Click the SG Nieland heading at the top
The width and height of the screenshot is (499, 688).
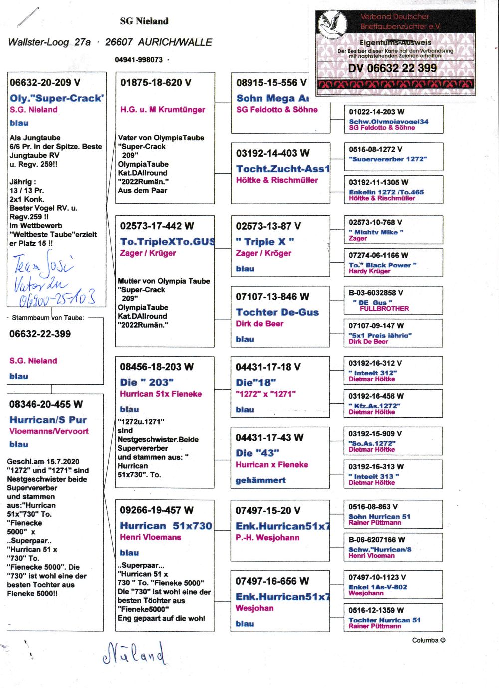click(144, 21)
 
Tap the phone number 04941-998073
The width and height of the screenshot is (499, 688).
click(139, 60)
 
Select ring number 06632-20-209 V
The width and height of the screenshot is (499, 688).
click(45, 83)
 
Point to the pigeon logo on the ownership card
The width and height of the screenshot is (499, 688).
click(332, 24)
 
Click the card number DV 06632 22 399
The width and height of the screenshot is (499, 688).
click(392, 68)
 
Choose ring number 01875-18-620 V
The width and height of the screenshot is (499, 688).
click(156, 83)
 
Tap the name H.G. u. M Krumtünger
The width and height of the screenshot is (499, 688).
click(163, 110)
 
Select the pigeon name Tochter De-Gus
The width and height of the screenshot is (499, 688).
click(277, 312)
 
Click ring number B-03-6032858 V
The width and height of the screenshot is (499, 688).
click(376, 293)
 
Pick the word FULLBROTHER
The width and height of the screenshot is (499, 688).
click(384, 309)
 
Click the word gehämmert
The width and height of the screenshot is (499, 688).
click(260, 480)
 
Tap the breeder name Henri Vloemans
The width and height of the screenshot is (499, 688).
click(150, 537)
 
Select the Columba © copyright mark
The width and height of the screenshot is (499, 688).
click(429, 640)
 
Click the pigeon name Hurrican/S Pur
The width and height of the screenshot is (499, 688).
click(48, 420)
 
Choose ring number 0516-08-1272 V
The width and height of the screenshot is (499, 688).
click(375, 149)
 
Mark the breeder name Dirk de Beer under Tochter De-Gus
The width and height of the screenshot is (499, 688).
click(259, 324)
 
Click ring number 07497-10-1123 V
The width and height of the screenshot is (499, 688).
click(377, 577)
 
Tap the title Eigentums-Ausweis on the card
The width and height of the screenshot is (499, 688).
click(395, 43)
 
